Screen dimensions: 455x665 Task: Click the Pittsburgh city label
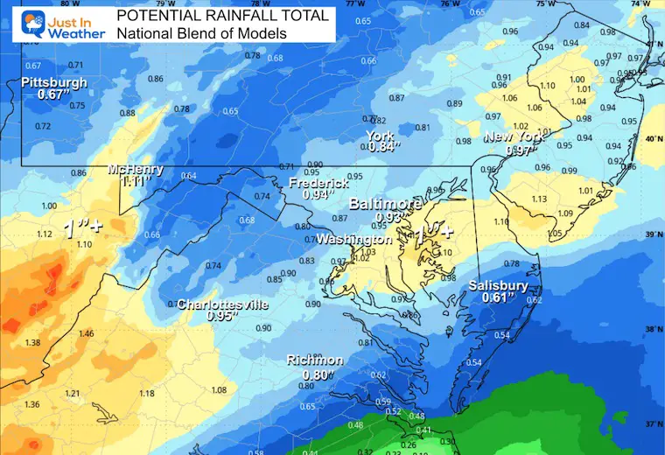point(55,82)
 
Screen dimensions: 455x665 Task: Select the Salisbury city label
point(497,285)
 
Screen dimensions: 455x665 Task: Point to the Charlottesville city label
point(223,304)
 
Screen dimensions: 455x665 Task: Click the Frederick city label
point(319,183)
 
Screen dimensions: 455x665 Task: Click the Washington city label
point(353,239)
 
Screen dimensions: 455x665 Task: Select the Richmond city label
point(315,360)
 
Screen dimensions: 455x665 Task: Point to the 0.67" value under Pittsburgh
point(54,94)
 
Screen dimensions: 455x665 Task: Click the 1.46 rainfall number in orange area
point(86,334)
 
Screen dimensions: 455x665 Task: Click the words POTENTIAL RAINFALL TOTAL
point(223,15)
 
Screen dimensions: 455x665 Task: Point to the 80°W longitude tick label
point(64,3)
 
